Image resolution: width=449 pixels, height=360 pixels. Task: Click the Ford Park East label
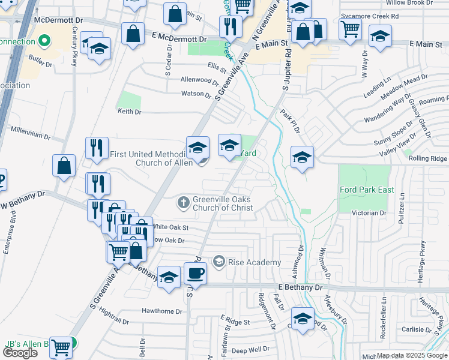[367, 190]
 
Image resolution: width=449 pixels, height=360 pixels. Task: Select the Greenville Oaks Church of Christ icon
[184, 203]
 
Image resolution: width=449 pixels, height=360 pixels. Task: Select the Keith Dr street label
[129, 112]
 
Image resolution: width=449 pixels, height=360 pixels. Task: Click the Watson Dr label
[197, 94]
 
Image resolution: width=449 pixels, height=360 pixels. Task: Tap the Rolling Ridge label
[427, 158]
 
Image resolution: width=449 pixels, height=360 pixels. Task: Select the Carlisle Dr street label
[417, 329]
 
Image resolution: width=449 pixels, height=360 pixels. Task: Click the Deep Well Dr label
[250, 350]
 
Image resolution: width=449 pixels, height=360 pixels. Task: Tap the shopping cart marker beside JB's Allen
[61, 347]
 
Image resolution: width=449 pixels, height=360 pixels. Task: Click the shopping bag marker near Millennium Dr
[64, 166]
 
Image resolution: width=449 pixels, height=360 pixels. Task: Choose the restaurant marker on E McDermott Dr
[231, 26]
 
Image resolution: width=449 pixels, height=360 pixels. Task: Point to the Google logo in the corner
[20, 353]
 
